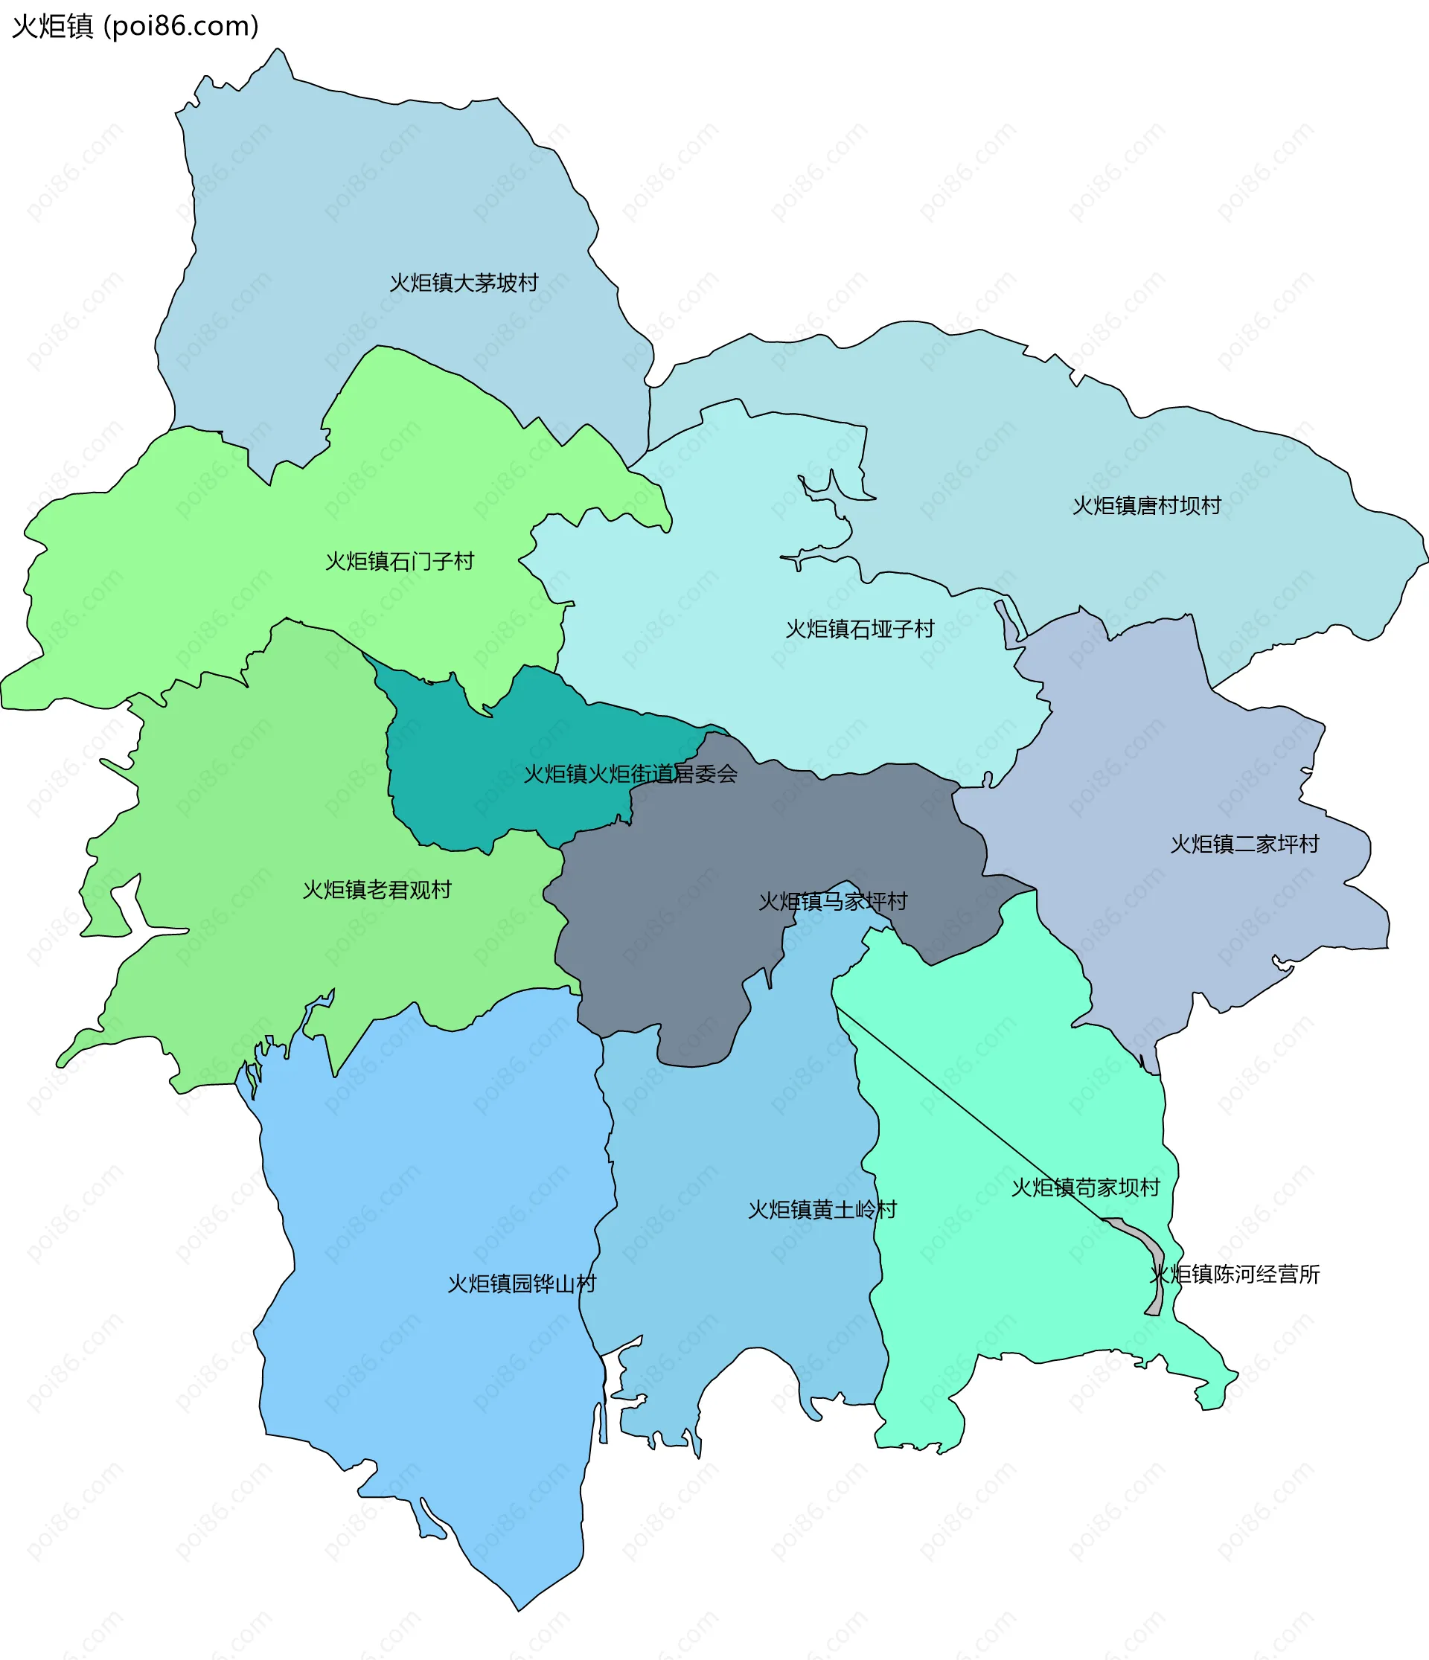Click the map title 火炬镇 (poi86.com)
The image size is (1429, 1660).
[135, 27]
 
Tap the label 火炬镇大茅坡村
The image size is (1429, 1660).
[463, 283]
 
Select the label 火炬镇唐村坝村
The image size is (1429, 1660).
[1146, 505]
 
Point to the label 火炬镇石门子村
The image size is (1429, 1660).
[399, 561]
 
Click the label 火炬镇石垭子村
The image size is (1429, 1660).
[859, 629]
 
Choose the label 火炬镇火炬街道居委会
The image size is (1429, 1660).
[630, 774]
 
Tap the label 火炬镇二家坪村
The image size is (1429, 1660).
[1244, 844]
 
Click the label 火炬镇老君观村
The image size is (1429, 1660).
[377, 889]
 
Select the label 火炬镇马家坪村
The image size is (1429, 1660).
[833, 901]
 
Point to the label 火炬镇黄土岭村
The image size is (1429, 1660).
[822, 1210]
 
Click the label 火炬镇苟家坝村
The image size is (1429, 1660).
[1085, 1188]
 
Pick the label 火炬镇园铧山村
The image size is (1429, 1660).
[521, 1284]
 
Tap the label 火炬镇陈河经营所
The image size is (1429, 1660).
[1234, 1274]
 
